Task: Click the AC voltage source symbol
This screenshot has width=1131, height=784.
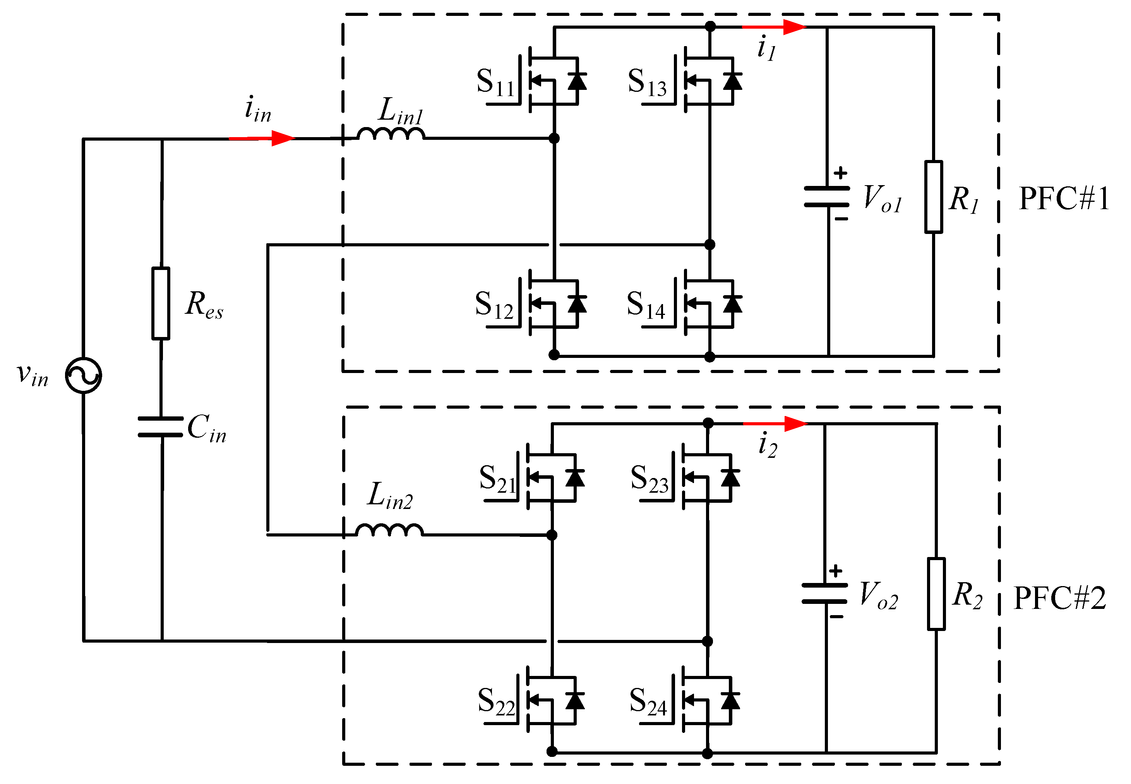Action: pos(84,376)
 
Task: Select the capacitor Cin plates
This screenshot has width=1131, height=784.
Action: pos(161,426)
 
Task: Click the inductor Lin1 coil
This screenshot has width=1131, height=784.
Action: pos(391,134)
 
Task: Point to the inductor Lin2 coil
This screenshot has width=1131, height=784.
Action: pos(389,530)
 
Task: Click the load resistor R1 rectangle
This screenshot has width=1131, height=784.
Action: pos(933,196)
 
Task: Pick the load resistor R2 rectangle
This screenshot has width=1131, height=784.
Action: pos(936,593)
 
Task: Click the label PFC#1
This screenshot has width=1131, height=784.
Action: pos(1064,199)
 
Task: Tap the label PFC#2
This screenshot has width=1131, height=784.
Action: pos(1060,598)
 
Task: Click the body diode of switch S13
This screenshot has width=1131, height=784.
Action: pos(732,81)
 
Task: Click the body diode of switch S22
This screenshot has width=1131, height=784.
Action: pos(575,700)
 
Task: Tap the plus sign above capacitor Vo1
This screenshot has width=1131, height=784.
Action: pos(840,173)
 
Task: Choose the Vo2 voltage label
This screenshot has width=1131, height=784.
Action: pos(879,595)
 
